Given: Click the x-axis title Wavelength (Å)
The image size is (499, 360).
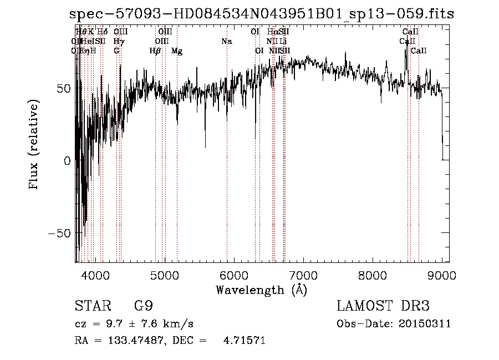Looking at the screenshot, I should coord(261,290).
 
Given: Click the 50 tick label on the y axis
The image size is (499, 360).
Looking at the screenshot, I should coord(64,88).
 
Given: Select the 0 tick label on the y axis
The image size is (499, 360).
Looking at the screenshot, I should coord(67,161).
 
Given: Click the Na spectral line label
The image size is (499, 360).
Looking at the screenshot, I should coord(226,41).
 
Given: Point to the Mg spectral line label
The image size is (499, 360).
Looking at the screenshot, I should coord(177,51).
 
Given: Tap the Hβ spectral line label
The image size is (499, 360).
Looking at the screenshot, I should coord(155,51).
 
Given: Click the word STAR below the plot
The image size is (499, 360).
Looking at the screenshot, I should coord(90,306).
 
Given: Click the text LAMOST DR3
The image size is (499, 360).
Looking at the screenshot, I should coord(383,306).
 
